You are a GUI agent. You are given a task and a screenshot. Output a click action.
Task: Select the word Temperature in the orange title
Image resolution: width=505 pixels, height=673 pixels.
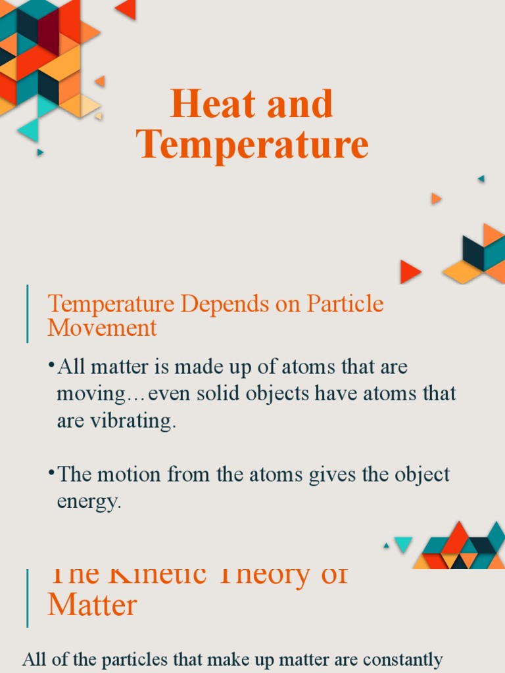tap(253, 145)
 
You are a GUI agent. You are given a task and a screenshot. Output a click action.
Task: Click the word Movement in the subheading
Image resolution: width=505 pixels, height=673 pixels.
tap(102, 327)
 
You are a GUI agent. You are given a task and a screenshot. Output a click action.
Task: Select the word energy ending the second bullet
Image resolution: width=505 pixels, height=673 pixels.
tap(89, 502)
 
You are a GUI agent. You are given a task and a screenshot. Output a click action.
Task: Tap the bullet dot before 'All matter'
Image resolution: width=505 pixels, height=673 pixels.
tap(51, 365)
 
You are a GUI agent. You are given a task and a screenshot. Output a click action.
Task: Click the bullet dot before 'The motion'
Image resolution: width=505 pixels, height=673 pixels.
tap(51, 472)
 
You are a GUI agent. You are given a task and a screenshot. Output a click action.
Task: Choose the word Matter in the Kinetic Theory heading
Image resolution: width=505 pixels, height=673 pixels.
tap(92, 604)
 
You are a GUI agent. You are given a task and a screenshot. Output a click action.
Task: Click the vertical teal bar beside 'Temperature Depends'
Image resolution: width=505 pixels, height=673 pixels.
tap(28, 313)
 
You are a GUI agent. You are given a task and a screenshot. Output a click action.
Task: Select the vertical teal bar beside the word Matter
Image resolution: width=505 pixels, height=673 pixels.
tap(28, 598)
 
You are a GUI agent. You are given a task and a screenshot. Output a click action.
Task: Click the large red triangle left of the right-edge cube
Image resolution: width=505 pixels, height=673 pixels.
tap(409, 271)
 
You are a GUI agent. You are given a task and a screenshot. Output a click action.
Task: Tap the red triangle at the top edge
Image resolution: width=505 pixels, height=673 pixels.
tap(126, 9)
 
